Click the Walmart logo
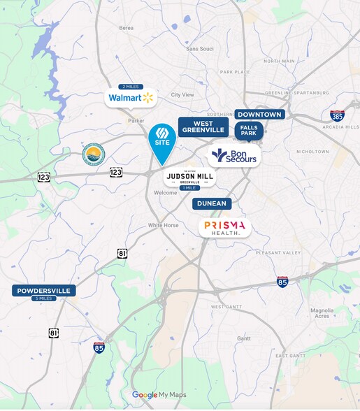tap(131, 98)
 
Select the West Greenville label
tap(203, 127)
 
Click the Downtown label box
tap(259, 115)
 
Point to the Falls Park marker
tap(247, 131)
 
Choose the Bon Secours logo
tap(234, 155)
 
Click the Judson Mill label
tap(189, 178)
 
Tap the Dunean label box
tap(212, 203)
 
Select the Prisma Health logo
tap(224, 227)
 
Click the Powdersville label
tap(43, 291)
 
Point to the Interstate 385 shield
tap(337, 116)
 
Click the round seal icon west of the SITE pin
tap(93, 155)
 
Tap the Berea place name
tap(127, 28)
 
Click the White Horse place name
tap(163, 225)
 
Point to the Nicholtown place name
tap(312, 151)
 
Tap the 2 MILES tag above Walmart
tap(131, 87)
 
